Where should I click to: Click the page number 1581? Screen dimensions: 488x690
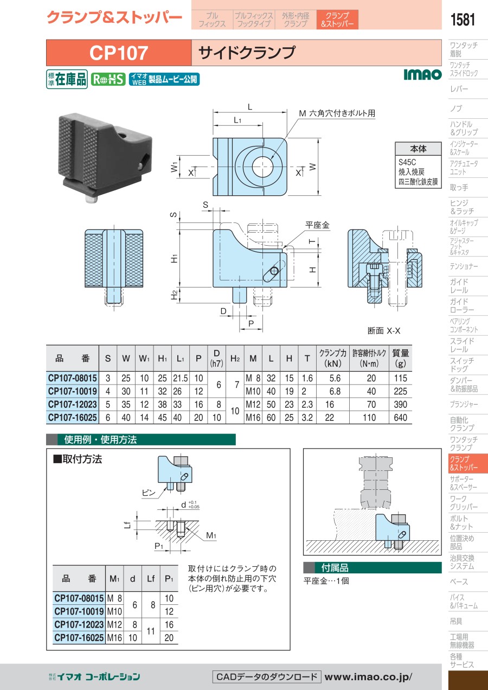tap(463, 20)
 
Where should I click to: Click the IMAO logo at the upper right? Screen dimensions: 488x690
tap(422, 74)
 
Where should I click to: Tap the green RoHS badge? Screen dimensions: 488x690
tap(108, 80)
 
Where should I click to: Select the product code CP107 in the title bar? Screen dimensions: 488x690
tap(119, 53)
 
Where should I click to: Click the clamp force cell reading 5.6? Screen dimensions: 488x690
tap(335, 378)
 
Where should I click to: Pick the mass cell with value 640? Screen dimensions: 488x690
tap(400, 417)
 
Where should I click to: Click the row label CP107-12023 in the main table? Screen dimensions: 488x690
tap(73, 404)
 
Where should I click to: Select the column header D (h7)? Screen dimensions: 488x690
tap(216, 358)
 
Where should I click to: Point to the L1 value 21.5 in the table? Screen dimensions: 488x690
tap(181, 378)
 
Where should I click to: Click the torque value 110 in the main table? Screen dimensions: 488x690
tap(369, 417)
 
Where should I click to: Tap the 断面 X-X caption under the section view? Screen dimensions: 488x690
tap(384, 331)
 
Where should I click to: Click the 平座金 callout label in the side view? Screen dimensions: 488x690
tap(317, 225)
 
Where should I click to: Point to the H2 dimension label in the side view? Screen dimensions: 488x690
tap(175, 295)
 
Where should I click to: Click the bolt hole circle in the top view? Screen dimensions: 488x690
tap(262, 167)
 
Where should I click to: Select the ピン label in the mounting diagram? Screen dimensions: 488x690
tap(149, 493)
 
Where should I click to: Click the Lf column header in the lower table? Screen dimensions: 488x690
tap(151, 578)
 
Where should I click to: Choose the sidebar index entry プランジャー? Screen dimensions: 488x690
tap(464, 404)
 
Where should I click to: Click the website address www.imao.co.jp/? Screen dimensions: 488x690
tap(368, 677)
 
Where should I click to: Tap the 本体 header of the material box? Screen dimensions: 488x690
tap(418, 149)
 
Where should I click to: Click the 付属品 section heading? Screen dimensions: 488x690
tap(335, 567)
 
